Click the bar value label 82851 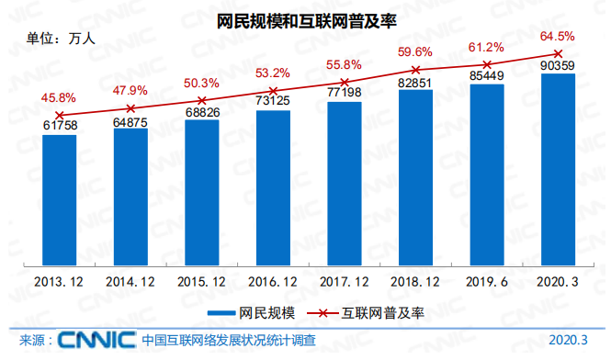pyautogui.click(x=415, y=84)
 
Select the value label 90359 pyautogui.click(x=558, y=66)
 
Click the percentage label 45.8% pyautogui.click(x=58, y=97)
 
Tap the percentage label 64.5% pyautogui.click(x=558, y=37)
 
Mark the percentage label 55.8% pyautogui.click(x=344, y=65)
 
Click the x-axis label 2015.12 pyautogui.click(x=202, y=281)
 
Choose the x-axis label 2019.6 pyautogui.click(x=487, y=281)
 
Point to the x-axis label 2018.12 pyautogui.click(x=415, y=281)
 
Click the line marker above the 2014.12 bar pyautogui.click(x=130, y=108)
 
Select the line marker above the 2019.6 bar pyautogui.click(x=487, y=64)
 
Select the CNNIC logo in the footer pyautogui.click(x=96, y=341)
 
